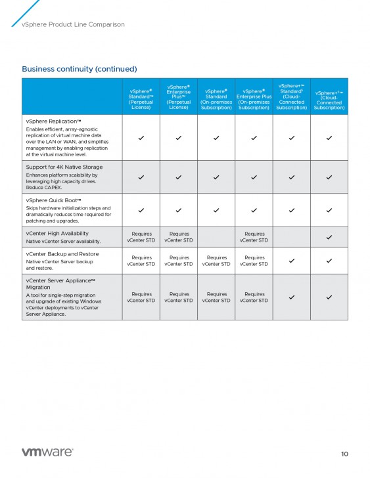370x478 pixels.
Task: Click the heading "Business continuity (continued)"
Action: click(x=79, y=69)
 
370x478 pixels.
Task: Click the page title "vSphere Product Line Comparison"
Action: click(x=73, y=24)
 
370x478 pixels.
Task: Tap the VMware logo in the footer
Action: click(x=47, y=452)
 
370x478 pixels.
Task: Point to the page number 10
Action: click(x=344, y=454)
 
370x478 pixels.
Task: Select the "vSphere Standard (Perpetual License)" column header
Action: click(x=141, y=97)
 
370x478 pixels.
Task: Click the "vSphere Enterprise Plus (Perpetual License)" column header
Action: click(x=178, y=97)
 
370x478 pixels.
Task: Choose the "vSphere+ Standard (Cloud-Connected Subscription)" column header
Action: click(x=291, y=97)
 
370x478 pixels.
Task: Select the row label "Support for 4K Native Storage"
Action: click(x=64, y=167)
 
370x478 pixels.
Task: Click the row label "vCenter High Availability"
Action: click(x=57, y=233)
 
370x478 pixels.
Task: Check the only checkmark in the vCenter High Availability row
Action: click(x=329, y=237)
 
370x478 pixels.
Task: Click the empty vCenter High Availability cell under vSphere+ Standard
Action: click(x=291, y=237)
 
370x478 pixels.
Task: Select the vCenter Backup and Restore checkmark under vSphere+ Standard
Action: click(x=291, y=261)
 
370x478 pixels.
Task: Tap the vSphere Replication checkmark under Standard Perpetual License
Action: click(x=141, y=138)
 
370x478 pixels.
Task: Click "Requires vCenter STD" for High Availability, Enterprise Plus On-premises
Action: click(x=254, y=237)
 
